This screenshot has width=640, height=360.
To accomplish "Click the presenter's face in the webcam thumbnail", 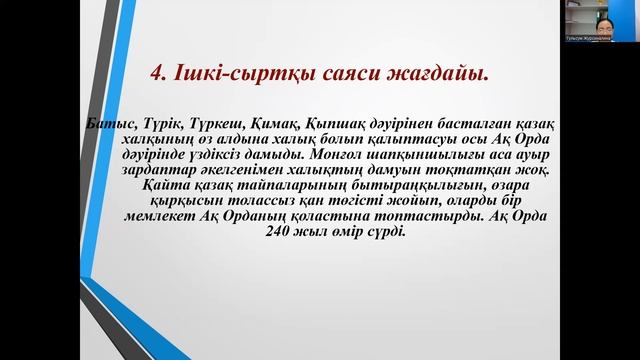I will [x=607, y=17].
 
